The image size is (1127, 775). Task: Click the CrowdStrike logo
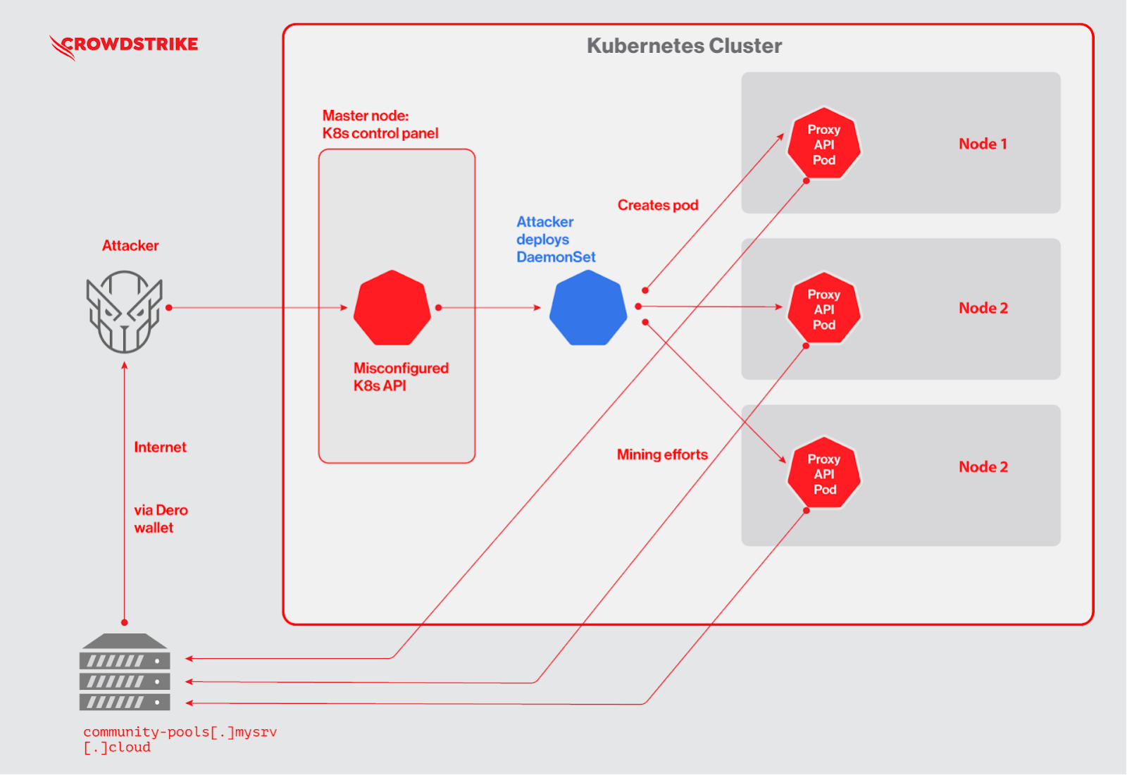coord(124,45)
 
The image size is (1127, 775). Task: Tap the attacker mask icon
coord(124,311)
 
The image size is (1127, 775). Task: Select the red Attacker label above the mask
coord(130,246)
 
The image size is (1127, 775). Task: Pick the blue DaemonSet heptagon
coord(588,308)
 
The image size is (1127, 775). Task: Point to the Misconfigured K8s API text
coord(400,377)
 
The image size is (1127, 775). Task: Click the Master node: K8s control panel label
coord(380,125)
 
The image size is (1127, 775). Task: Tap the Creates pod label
coord(658,205)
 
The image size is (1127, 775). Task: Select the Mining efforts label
coord(662,454)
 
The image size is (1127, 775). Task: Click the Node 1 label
coord(983,144)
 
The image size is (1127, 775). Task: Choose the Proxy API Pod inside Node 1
coord(823,144)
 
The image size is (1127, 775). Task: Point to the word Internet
coord(160,447)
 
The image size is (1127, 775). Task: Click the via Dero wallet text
coord(161,519)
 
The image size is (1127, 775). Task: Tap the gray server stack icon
coord(125,672)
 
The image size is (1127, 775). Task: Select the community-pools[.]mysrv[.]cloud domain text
coord(180,739)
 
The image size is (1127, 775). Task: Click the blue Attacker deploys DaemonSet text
coord(555,240)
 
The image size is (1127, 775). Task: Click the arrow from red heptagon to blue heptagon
coord(489,308)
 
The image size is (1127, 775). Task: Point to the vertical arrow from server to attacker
coord(125,493)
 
